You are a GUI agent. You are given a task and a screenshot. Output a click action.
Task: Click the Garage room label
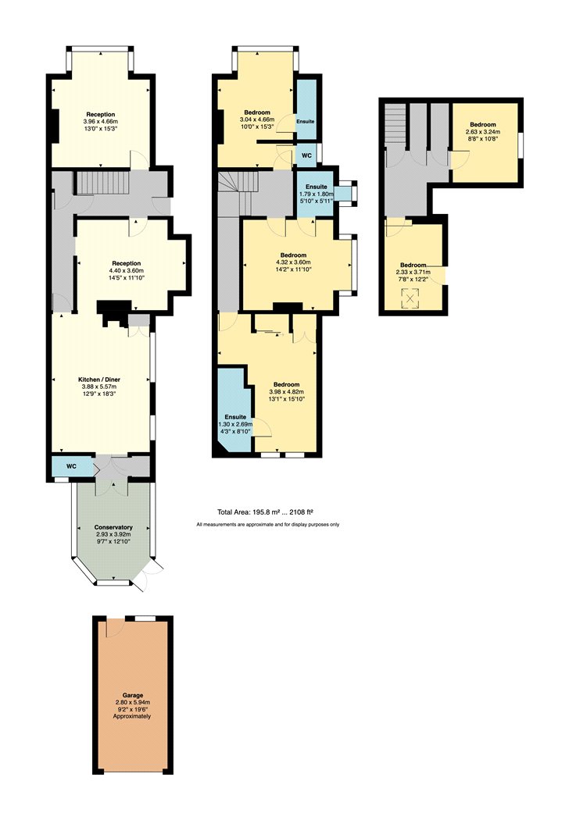click(x=133, y=696)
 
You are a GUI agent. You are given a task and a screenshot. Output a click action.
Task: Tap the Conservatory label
click(x=113, y=527)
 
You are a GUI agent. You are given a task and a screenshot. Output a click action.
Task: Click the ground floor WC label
click(x=72, y=465)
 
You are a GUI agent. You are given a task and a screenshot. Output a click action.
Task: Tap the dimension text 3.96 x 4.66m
click(x=101, y=121)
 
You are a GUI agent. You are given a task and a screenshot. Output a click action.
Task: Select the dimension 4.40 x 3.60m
click(x=126, y=271)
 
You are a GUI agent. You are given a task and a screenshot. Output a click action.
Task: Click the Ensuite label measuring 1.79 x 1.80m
click(x=317, y=187)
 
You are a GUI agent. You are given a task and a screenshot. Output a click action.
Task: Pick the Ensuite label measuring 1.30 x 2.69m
click(x=235, y=417)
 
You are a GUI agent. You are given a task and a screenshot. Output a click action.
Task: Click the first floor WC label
click(x=307, y=156)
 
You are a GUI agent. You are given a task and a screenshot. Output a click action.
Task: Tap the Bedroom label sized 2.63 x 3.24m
click(x=482, y=124)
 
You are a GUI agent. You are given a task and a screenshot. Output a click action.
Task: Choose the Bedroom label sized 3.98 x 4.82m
click(x=286, y=384)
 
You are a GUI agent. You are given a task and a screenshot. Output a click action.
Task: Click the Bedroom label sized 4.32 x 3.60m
click(x=293, y=255)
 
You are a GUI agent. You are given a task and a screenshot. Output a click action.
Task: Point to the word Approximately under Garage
click(x=132, y=716)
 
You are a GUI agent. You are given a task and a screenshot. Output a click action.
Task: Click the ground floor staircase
click(x=103, y=183)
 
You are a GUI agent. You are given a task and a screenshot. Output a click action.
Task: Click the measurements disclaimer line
click(x=268, y=524)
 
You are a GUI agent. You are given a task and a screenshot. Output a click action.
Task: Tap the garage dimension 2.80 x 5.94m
click(x=133, y=702)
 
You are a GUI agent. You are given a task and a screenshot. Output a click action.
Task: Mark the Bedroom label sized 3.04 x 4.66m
click(x=257, y=112)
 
